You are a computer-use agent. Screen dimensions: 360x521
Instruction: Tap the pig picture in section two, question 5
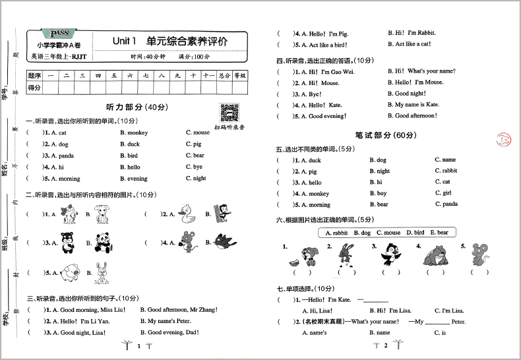[70, 271]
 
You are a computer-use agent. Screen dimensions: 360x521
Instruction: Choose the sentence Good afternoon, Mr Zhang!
[177, 309]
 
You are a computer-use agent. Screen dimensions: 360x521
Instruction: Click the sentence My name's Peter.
[168, 321]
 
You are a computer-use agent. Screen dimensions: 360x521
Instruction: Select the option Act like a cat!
[409, 44]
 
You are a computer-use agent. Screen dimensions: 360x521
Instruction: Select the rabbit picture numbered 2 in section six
[343, 254]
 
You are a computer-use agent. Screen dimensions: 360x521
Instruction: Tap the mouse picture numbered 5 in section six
[479, 254]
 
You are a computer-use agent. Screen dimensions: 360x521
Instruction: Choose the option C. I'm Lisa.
[450, 310]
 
